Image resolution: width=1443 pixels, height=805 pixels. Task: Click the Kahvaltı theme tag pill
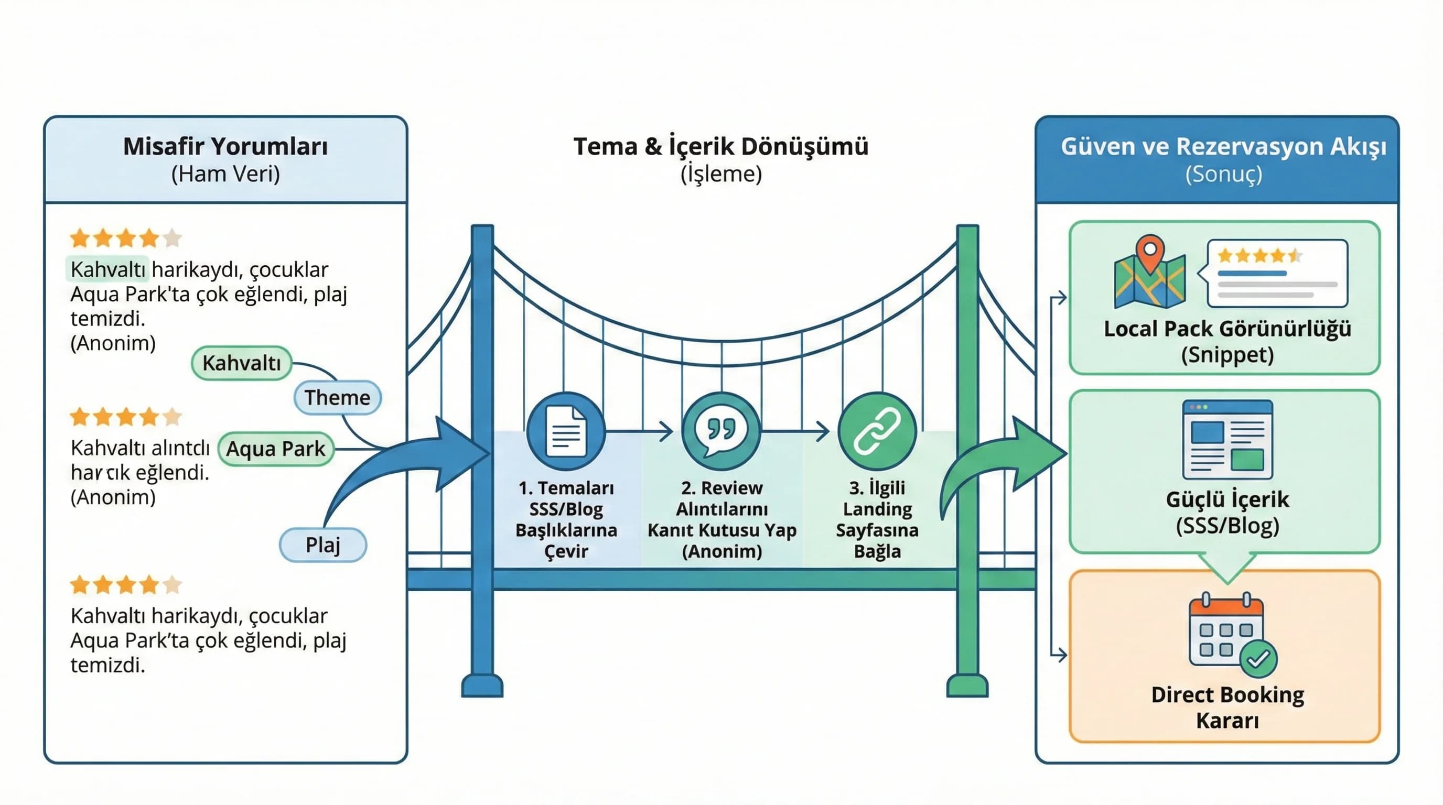coord(241,363)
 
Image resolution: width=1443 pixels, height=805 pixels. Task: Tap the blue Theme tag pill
coord(337,397)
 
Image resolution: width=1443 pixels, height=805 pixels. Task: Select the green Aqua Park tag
coord(276,449)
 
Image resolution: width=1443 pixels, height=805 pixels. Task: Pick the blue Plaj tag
coord(322,544)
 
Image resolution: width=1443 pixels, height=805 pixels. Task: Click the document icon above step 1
coord(566,431)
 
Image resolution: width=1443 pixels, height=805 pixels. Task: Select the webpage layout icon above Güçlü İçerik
coord(1227,439)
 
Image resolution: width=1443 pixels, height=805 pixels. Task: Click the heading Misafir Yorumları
coord(225,147)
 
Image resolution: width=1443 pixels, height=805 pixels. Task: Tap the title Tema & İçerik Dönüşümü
coord(721,147)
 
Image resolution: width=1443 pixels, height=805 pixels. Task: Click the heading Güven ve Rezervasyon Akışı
coord(1223,147)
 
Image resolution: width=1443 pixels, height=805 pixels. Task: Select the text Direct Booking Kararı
coord(1227,707)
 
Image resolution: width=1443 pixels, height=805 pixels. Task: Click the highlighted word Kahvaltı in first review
coord(108,269)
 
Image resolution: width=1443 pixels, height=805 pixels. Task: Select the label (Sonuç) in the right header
coord(1223,174)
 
